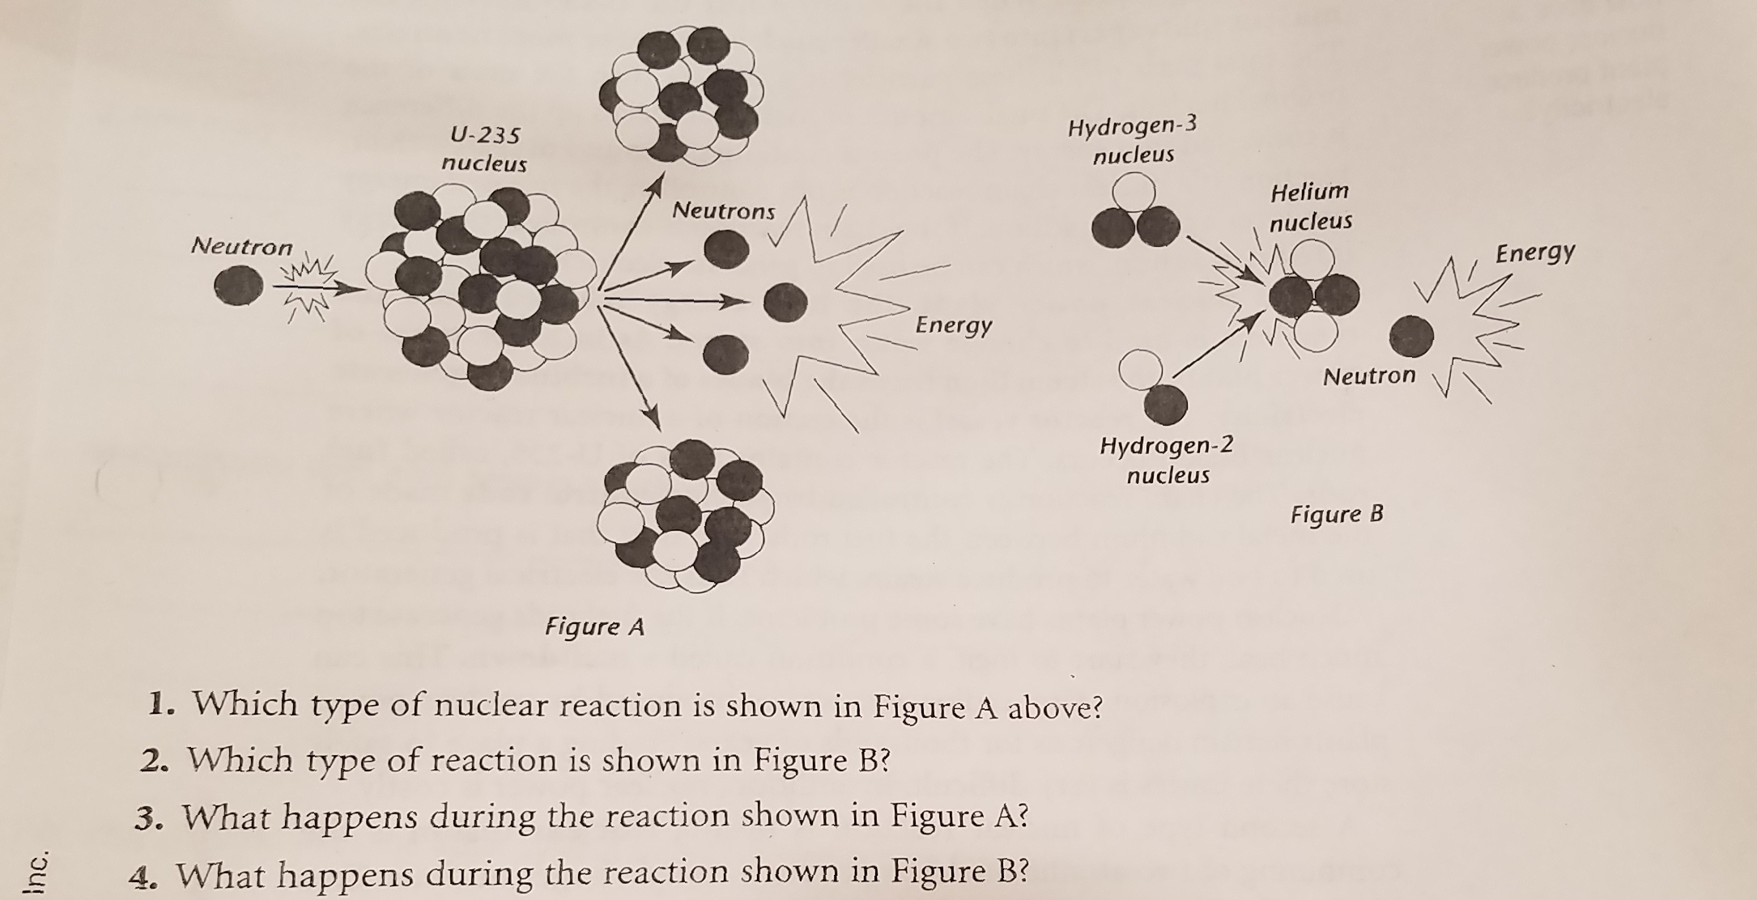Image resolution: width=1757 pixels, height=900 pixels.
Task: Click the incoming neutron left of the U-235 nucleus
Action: (238, 287)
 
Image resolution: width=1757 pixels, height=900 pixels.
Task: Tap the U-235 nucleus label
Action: (484, 149)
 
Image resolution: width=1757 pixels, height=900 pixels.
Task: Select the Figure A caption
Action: (594, 626)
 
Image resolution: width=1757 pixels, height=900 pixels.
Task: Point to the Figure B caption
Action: (1337, 515)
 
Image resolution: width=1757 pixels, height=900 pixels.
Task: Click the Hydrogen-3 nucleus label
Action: (1132, 140)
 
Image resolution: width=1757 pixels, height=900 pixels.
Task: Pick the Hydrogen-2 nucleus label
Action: (1167, 459)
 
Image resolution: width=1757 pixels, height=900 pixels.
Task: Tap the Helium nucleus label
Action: (1310, 206)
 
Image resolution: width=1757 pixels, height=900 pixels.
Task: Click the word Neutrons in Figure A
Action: (723, 211)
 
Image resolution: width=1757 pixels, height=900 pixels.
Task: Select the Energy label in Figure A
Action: (953, 325)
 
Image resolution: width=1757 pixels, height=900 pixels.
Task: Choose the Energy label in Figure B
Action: (1534, 253)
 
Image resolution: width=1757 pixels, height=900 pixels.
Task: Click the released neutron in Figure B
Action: (1411, 335)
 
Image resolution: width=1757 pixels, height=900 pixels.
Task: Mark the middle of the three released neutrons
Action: (785, 302)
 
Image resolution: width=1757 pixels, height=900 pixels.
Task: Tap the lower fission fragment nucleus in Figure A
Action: (685, 515)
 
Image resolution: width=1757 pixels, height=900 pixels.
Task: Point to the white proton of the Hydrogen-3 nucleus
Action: (1134, 193)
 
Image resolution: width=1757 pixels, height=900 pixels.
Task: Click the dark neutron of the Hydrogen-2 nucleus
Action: (1165, 404)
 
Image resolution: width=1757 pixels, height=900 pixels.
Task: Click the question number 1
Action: (161, 705)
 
